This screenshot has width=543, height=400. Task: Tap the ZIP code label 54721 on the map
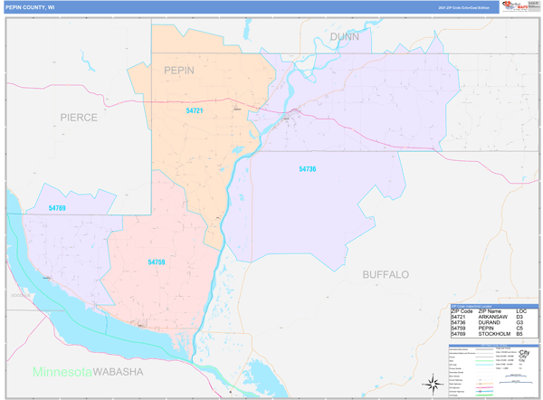tap(195, 110)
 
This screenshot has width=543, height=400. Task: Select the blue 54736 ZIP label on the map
tap(308, 169)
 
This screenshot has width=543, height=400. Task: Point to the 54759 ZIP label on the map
tap(157, 262)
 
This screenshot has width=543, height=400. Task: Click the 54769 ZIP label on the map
tap(58, 208)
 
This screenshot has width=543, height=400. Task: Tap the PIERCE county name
tap(79, 117)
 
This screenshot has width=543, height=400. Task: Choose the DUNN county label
tap(345, 36)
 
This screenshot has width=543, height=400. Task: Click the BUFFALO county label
tap(386, 273)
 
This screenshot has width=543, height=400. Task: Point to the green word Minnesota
tap(62, 372)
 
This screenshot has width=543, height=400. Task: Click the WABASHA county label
tap(122, 372)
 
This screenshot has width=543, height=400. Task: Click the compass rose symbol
tap(432, 382)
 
